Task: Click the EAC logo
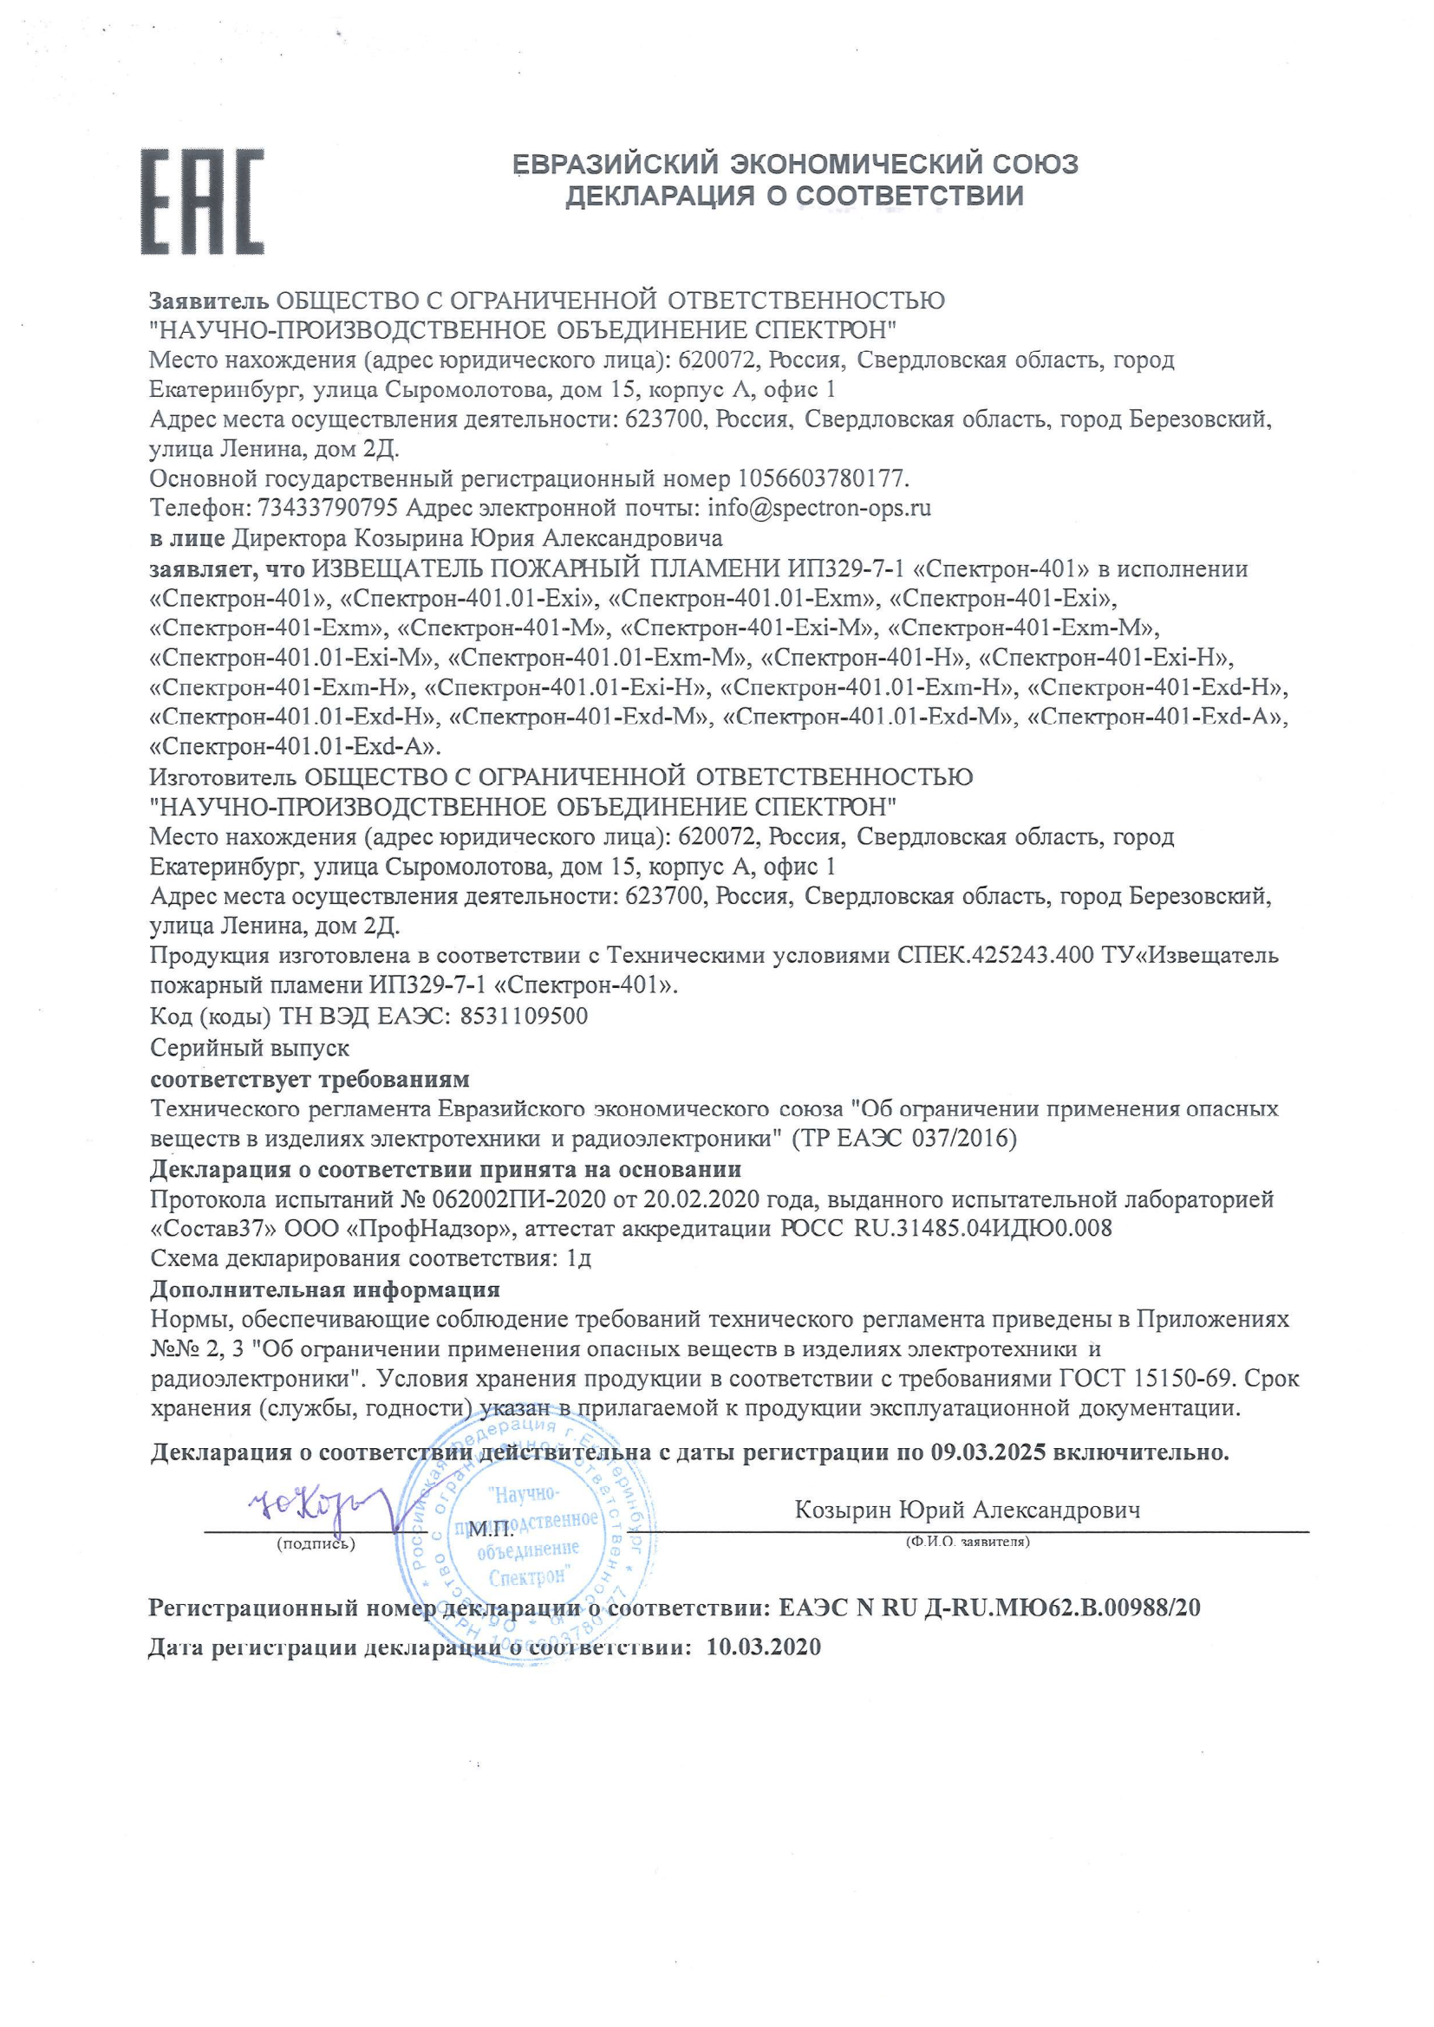click(x=202, y=202)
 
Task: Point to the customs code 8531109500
click(x=524, y=1016)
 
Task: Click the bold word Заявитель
click(x=208, y=300)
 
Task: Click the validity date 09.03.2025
click(x=988, y=1452)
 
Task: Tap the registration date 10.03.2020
click(x=764, y=1647)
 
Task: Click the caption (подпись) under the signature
click(x=316, y=1543)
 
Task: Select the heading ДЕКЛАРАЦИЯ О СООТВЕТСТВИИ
click(x=795, y=195)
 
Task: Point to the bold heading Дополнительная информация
click(x=325, y=1290)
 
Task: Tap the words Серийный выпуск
click(x=250, y=1048)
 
